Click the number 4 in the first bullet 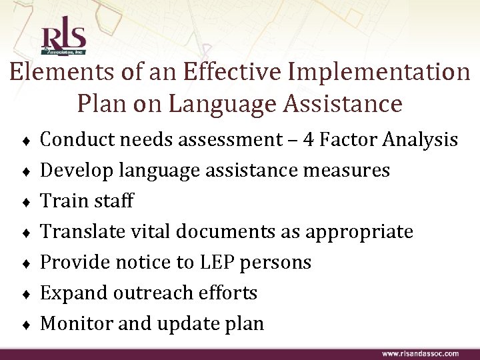pyautogui.click(x=308, y=139)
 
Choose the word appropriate pyautogui.click(x=359, y=232)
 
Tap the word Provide pyautogui.click(x=74, y=263)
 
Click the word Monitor pyautogui.click(x=75, y=324)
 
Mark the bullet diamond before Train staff pyautogui.click(x=25, y=202)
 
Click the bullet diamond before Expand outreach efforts pyautogui.click(x=25, y=294)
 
